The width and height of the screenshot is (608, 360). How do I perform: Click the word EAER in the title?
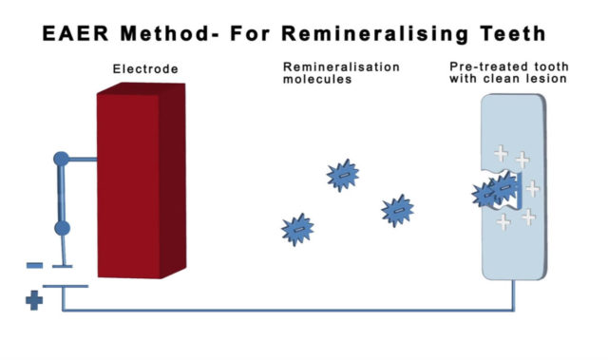click(x=76, y=33)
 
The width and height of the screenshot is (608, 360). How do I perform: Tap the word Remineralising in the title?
click(x=375, y=34)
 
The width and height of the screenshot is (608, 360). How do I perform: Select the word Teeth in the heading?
click(x=513, y=33)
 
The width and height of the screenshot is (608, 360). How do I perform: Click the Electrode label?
click(x=145, y=69)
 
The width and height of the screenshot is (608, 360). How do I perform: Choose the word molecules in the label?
click(x=317, y=79)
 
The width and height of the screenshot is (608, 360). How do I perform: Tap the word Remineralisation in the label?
click(x=341, y=66)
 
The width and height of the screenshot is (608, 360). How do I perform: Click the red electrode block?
click(x=142, y=180)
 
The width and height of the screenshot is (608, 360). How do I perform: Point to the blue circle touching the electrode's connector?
click(x=61, y=159)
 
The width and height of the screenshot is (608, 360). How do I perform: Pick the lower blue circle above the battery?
click(x=62, y=228)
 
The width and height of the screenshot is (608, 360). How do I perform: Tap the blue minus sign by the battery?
click(x=34, y=265)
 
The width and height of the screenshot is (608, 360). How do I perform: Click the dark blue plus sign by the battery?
click(x=34, y=300)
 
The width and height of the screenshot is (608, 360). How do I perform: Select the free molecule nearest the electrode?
click(x=297, y=230)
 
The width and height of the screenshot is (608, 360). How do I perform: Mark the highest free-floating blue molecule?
click(x=343, y=176)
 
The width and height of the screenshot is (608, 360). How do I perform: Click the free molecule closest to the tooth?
click(x=397, y=211)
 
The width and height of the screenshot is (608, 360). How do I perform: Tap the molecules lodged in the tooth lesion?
click(x=496, y=190)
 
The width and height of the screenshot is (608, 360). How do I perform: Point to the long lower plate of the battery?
click(x=66, y=286)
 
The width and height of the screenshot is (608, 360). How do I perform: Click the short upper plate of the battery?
click(x=62, y=266)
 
